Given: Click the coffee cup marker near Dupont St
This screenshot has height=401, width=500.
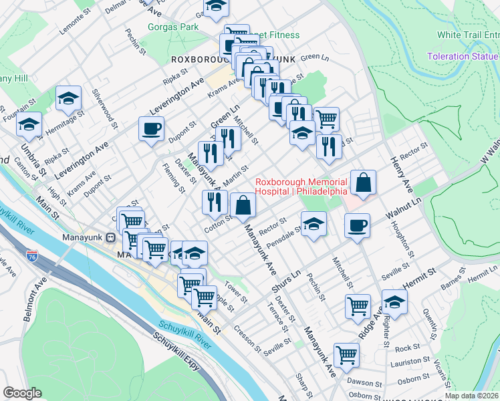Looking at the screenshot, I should tap(152, 128).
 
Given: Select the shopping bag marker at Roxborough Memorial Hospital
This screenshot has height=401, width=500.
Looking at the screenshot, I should tap(363, 182).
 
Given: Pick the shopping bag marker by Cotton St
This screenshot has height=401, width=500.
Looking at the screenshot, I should tap(243, 205).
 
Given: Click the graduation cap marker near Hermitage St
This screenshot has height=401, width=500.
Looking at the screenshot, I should tap(68, 98).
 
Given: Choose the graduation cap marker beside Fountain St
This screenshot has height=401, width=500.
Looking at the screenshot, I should tap(29, 124).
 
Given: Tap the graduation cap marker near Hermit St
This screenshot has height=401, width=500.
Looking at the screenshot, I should tap(394, 302).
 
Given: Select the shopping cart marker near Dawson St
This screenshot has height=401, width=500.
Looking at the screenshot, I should tap(346, 354).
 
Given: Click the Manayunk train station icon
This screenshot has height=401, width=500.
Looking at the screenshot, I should tap(112, 237).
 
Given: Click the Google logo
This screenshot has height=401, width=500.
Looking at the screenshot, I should tap(23, 393).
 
